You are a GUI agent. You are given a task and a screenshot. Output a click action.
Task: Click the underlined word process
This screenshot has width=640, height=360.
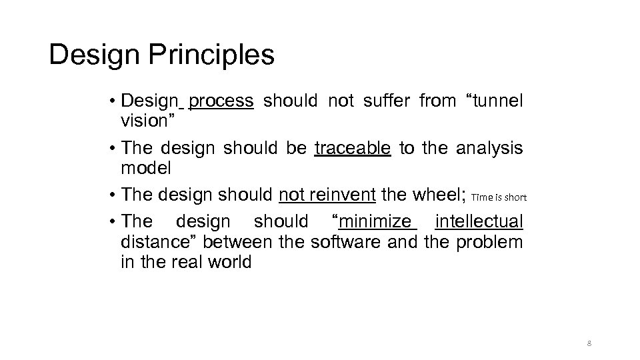pos(221,101)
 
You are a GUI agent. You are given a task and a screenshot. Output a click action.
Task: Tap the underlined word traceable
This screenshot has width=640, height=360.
pos(352,148)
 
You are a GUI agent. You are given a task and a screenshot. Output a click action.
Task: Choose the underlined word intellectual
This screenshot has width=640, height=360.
pos(479,221)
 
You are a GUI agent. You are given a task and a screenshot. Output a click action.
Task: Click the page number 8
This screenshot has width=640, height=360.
pos(589,343)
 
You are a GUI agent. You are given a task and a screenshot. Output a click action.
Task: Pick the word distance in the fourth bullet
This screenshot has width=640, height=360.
pos(148,241)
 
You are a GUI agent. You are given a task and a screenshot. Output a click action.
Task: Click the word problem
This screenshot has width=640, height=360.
pos(489,241)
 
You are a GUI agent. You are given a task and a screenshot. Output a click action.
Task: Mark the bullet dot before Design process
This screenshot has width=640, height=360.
pos(114,101)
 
